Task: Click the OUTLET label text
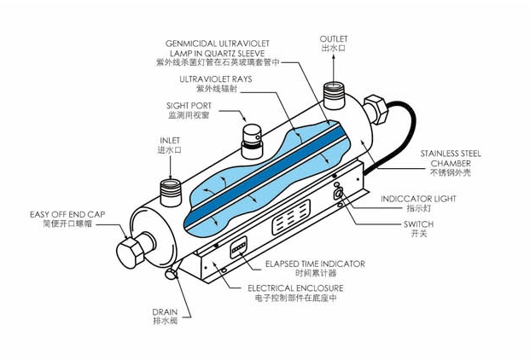[x=334, y=39]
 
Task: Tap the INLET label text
[x=170, y=140]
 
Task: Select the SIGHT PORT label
[x=189, y=106]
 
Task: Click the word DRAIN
[x=165, y=312]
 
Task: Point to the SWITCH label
[x=418, y=224]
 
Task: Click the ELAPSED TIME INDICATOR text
[x=315, y=264]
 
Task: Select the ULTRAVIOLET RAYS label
[x=216, y=79]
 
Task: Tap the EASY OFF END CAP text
[x=67, y=214]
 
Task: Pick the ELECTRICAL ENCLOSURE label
[x=295, y=288]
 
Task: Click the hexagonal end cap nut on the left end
[x=130, y=253]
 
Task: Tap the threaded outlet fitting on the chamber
[x=334, y=96]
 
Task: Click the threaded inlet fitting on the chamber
[x=171, y=193]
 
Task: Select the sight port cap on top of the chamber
[x=252, y=141]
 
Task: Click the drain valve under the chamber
[x=172, y=274]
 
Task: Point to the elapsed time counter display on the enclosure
[x=239, y=247]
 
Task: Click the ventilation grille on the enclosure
[x=291, y=218]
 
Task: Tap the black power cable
[x=396, y=135]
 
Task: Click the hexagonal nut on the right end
[x=375, y=109]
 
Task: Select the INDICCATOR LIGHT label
[x=418, y=199]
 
